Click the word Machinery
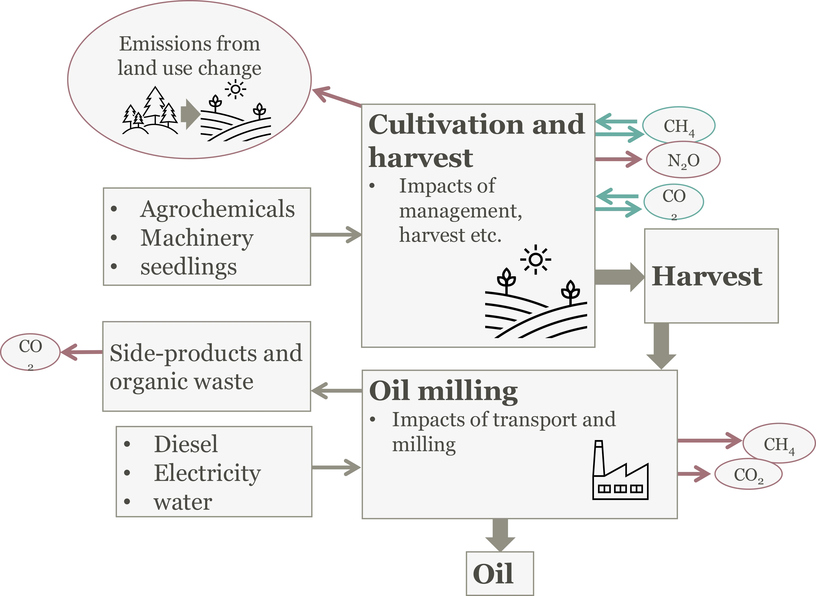point(197,238)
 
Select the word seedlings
point(189,267)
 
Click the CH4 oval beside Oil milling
point(779,444)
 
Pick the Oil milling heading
point(443,392)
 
